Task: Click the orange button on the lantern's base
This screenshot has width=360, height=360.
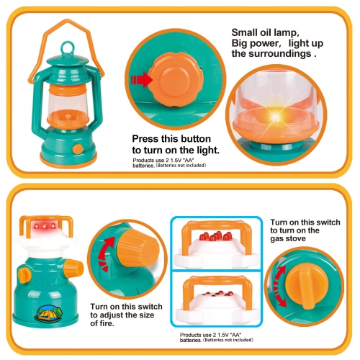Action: (77, 149)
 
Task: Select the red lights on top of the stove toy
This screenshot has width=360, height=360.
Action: (43, 228)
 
